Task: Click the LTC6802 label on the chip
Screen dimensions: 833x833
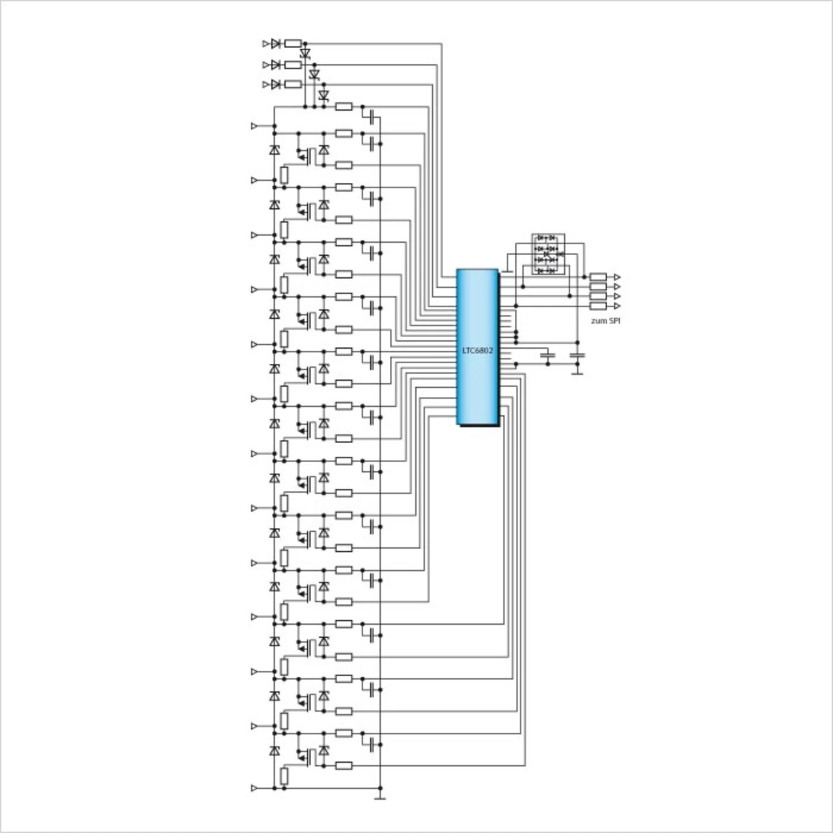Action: [478, 351]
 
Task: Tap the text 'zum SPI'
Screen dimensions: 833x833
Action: [606, 321]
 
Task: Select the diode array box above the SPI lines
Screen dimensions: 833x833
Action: [548, 254]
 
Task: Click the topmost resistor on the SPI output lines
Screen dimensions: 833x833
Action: [598, 277]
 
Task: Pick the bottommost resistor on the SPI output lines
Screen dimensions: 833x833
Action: [598, 306]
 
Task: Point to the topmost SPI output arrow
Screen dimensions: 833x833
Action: [618, 277]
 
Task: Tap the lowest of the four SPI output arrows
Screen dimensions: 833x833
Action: [618, 306]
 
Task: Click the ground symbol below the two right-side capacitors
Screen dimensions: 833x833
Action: [577, 373]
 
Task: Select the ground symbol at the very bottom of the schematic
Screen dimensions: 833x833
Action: [380, 798]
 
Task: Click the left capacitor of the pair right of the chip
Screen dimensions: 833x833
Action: [548, 355]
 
